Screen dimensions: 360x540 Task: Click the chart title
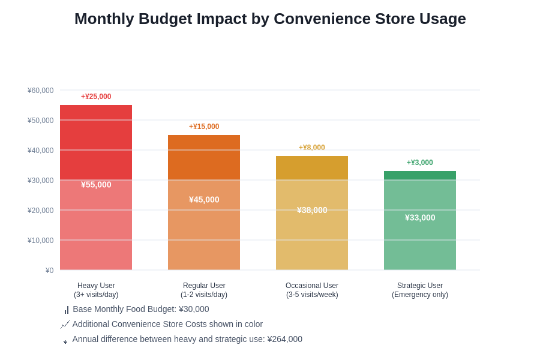tap(270, 19)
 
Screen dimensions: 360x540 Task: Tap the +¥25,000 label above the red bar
tap(96, 97)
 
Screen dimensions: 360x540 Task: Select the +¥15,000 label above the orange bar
tap(204, 127)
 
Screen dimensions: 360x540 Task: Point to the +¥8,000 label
tap(312, 148)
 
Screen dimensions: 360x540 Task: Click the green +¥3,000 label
tap(420, 163)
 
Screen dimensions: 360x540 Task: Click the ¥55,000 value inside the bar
tap(96, 185)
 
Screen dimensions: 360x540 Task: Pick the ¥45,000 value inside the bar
tap(204, 200)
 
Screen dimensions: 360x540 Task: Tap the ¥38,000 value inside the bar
tap(312, 210)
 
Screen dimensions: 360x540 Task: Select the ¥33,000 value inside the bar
tap(420, 218)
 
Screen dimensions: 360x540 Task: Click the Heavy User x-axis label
tap(96, 290)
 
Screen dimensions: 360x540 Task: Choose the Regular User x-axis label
tap(204, 290)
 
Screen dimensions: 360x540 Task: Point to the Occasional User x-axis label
tap(312, 290)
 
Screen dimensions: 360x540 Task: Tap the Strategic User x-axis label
tap(420, 290)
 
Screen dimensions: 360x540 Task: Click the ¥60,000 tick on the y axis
tap(41, 91)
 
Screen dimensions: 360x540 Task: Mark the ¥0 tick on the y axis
tap(49, 271)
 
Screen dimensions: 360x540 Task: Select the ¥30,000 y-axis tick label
tap(41, 181)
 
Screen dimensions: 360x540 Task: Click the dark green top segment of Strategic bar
tap(420, 175)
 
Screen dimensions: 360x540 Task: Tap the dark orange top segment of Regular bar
tap(204, 157)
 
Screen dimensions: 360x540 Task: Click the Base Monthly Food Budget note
tap(140, 309)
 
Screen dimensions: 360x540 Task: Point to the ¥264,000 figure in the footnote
tap(284, 339)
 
